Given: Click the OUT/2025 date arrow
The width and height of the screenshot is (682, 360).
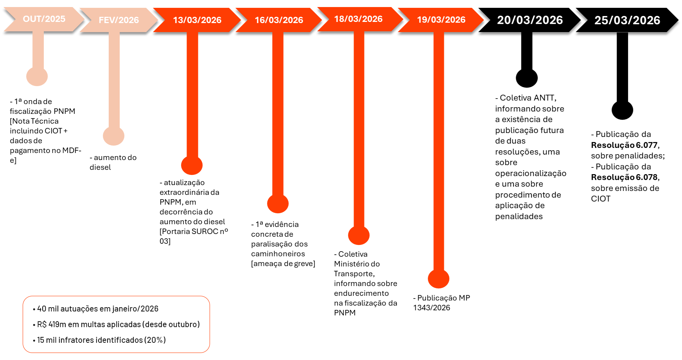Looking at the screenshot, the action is click(x=44, y=19).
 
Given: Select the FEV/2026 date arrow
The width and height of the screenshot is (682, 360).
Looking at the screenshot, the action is click(x=119, y=20).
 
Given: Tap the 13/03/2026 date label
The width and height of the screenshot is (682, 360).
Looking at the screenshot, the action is click(x=197, y=20).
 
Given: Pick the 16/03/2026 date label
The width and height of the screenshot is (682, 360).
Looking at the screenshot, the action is click(x=279, y=20).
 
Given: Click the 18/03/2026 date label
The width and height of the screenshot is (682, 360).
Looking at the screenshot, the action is click(x=358, y=19).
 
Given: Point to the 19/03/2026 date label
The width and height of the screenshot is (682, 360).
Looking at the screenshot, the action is click(x=441, y=20).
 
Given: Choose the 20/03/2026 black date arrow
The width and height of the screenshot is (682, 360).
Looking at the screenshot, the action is click(x=530, y=20).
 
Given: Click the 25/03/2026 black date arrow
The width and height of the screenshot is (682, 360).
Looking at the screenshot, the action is click(x=627, y=20).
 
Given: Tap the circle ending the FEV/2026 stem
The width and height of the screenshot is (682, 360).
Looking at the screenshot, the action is click(x=114, y=135).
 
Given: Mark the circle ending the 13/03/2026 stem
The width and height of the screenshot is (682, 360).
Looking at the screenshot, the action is click(x=192, y=165).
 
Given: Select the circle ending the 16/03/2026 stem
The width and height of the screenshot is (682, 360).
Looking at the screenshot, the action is click(x=278, y=203).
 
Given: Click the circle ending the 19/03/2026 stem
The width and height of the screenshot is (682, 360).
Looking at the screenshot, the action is click(x=439, y=278).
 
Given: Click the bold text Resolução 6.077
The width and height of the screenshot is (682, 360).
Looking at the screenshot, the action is click(x=625, y=145).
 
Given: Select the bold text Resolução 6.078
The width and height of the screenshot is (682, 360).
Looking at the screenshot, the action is click(x=625, y=177).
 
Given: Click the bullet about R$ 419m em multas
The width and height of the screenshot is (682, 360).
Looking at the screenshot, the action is click(x=117, y=324).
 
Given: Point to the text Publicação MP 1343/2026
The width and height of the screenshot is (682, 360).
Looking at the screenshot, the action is click(x=442, y=303).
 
